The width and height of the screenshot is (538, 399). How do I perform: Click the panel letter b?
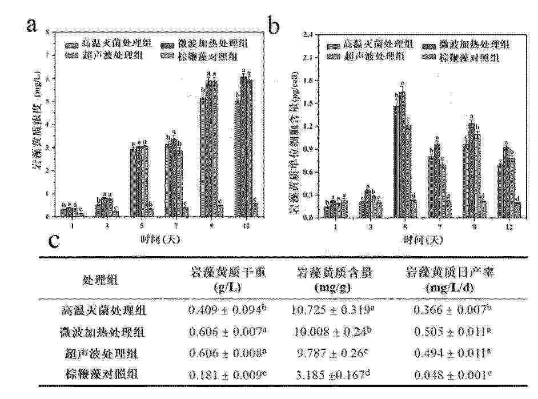[275, 26]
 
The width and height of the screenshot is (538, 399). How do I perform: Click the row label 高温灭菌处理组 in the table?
[104, 311]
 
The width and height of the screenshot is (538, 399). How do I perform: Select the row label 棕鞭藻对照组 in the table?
[104, 374]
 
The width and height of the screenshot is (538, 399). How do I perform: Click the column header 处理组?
[104, 280]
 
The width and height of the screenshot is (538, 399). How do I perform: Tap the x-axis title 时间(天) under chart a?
[160, 240]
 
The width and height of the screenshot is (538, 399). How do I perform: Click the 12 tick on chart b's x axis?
[508, 228]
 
